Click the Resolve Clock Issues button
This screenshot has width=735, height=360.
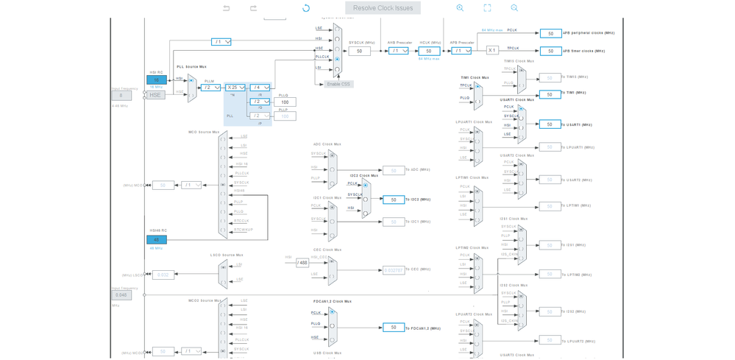pyautogui.click(x=383, y=8)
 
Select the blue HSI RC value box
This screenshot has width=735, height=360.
pyautogui.click(x=156, y=80)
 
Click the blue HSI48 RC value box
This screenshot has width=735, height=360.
pyautogui.click(x=156, y=239)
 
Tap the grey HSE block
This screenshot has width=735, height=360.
pyautogui.click(x=155, y=95)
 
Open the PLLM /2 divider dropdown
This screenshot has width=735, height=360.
pyautogui.click(x=211, y=88)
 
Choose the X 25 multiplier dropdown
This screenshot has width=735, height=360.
pyautogui.click(x=235, y=88)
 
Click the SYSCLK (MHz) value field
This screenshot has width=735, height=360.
pyautogui.click(x=359, y=51)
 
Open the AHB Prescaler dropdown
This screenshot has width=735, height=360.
pyautogui.click(x=398, y=51)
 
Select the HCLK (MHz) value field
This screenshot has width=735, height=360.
pyautogui.click(x=429, y=51)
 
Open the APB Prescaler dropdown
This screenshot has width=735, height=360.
pyautogui.click(x=461, y=51)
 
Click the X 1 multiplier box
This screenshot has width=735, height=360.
pyautogui.click(x=492, y=50)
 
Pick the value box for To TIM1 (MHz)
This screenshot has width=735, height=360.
pyautogui.click(x=550, y=93)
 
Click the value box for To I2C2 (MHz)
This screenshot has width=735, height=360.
pyautogui.click(x=394, y=200)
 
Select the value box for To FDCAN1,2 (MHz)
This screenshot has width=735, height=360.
pyautogui.click(x=394, y=328)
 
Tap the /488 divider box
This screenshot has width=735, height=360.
pyautogui.click(x=302, y=262)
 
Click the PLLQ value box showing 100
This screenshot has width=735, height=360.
pyautogui.click(x=285, y=102)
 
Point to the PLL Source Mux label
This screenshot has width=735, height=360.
pyautogui.click(x=191, y=66)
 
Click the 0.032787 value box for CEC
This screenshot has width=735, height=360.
pyautogui.click(x=394, y=270)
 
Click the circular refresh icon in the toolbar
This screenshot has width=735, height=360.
pyautogui.click(x=306, y=8)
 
